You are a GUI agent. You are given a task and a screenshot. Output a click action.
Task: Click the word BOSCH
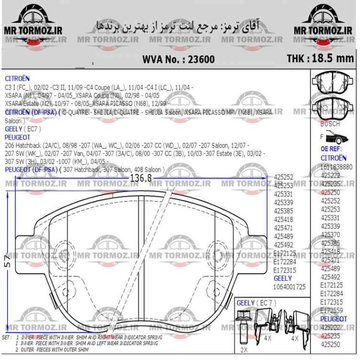330,124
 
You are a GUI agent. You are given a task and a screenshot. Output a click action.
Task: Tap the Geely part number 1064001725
289,287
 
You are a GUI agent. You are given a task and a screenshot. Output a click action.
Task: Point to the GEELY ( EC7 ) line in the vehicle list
23,129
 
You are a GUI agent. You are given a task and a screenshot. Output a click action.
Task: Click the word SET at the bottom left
6,338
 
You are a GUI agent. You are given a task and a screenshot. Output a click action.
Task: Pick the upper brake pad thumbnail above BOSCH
333,81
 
